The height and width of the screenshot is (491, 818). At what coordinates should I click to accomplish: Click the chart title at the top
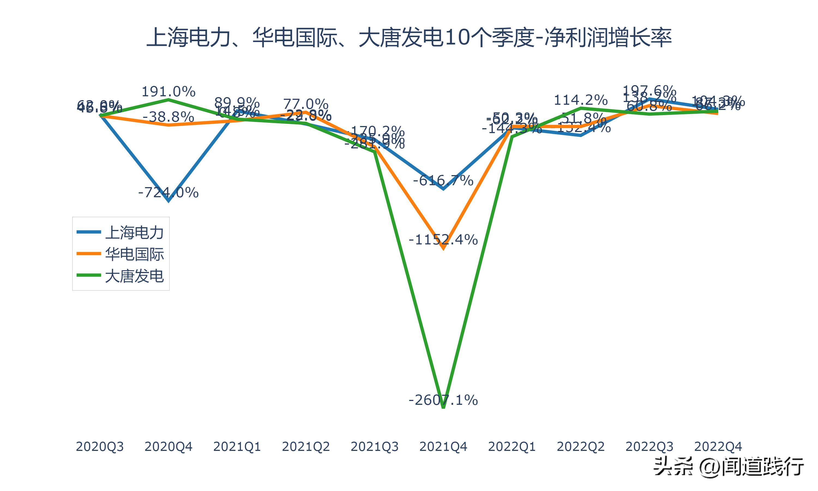(409, 37)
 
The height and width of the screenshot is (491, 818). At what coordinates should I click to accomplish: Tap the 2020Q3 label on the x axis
(100, 447)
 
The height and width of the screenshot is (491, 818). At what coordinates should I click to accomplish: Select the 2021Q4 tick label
(443, 447)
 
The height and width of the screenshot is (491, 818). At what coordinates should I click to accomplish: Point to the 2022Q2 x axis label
(581, 447)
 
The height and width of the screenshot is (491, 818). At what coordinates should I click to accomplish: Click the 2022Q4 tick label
(718, 447)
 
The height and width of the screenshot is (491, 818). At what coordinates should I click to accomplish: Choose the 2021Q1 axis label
(237, 447)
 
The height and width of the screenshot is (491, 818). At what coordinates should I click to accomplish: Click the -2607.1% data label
(443, 400)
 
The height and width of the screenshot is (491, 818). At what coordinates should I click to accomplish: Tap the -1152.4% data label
(443, 239)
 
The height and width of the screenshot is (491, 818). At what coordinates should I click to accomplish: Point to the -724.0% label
(168, 192)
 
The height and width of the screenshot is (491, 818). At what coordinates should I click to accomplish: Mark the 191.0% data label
(168, 92)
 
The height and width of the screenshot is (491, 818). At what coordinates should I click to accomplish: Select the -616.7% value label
(443, 181)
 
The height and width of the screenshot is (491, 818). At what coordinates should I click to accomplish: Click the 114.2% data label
(581, 100)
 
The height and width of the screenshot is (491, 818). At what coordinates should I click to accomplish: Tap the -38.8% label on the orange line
(168, 117)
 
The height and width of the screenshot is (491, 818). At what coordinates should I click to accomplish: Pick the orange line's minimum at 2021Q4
(443, 249)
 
